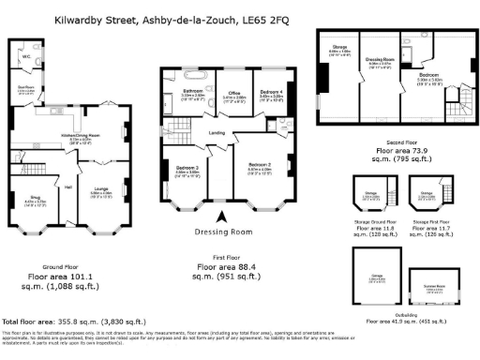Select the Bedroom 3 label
[x=187, y=167]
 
